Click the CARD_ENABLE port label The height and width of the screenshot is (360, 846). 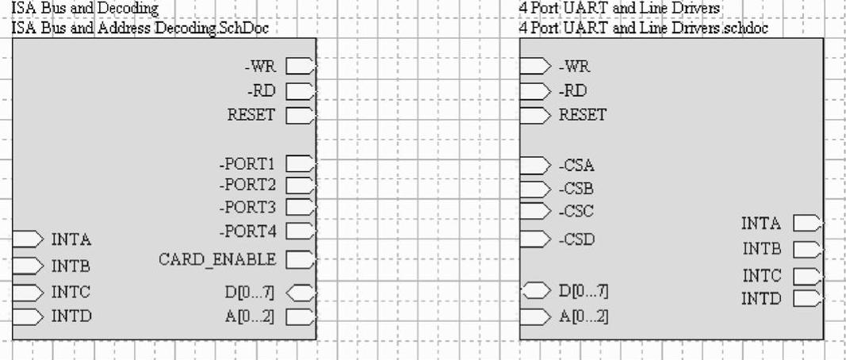coord(217,259)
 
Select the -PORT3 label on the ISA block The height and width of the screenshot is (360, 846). coord(247,208)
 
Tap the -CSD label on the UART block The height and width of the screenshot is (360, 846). coord(576,239)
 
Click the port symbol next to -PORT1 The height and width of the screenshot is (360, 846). coord(301,164)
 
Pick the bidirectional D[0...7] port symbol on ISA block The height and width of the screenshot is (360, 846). coord(301,293)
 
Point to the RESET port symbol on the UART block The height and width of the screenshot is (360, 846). coord(535,114)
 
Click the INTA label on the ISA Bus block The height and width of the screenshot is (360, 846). coord(71,239)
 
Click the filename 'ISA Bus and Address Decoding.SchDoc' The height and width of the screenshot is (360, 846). coord(144,29)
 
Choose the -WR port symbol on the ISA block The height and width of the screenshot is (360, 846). coord(301,66)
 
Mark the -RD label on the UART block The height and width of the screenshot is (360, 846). coord(573,90)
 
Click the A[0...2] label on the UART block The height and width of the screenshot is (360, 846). coord(584,316)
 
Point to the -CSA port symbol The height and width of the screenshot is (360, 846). coord(535,166)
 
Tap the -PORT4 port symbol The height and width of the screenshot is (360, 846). coord(301,232)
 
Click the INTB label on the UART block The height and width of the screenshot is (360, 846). coord(762,249)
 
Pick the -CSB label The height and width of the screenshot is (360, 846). coord(576,190)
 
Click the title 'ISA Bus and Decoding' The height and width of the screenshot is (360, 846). coord(84,9)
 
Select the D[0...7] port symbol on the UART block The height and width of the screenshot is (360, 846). coord(535,291)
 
